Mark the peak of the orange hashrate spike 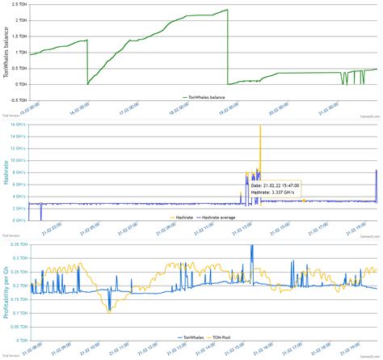click(260, 126)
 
